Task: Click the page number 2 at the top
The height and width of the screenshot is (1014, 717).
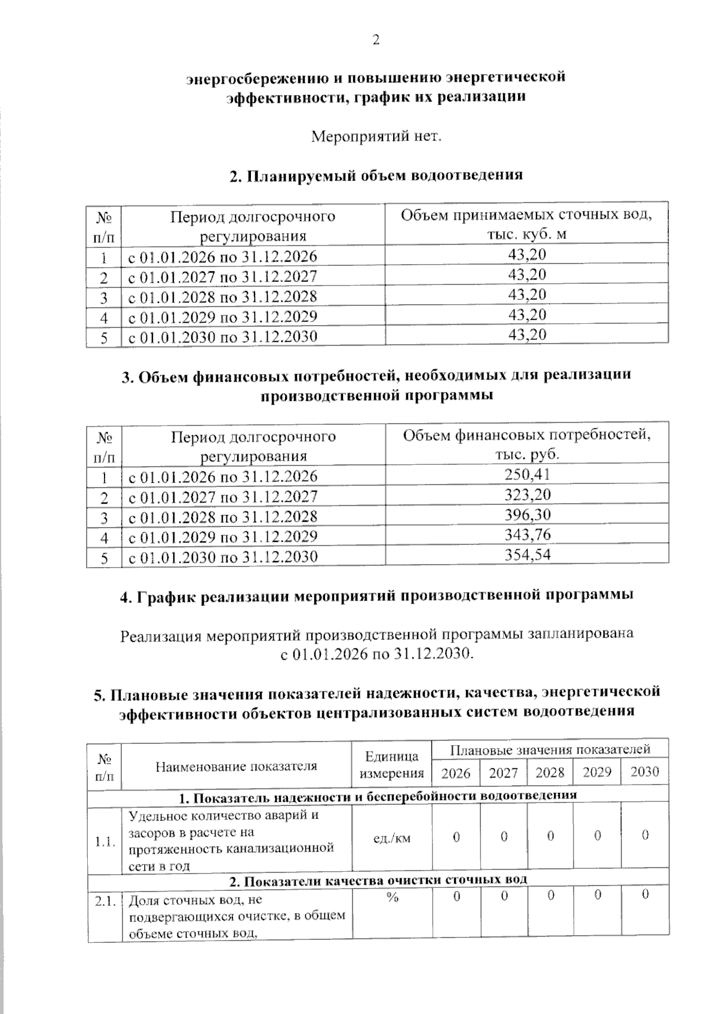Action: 376,40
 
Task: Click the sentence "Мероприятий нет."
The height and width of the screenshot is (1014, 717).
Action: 376,137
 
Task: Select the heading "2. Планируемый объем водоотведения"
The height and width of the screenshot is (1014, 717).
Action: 376,175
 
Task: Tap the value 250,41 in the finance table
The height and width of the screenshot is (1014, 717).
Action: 527,474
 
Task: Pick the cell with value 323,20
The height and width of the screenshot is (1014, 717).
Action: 527,495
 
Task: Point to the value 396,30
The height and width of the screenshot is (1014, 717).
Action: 527,515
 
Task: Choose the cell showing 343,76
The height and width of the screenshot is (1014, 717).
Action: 527,535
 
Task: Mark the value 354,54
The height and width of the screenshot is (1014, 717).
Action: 527,555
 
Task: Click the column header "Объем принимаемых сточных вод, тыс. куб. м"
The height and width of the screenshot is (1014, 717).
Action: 526,224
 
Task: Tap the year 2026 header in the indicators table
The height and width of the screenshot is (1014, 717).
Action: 456,773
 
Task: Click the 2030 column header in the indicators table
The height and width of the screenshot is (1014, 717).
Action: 645,772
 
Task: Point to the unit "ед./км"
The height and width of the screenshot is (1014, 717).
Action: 392,838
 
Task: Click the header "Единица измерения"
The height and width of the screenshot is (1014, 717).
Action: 392,765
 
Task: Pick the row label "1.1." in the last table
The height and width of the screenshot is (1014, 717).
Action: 105,842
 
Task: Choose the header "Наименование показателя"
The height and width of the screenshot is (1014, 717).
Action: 237,766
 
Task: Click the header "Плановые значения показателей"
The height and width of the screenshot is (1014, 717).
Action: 550,749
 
